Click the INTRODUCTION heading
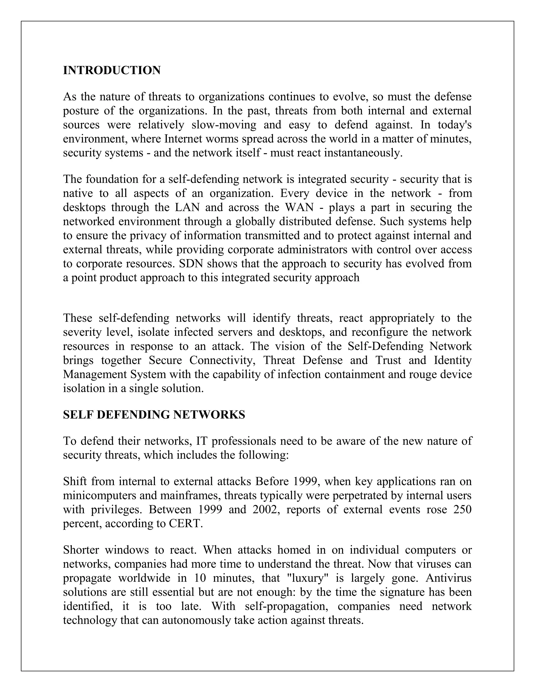pyautogui.click(x=112, y=70)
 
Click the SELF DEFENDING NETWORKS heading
pyautogui.click(x=154, y=415)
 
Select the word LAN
pyautogui.click(x=187, y=207)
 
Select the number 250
pyautogui.click(x=462, y=509)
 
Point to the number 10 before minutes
pyautogui.click(x=200, y=578)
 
